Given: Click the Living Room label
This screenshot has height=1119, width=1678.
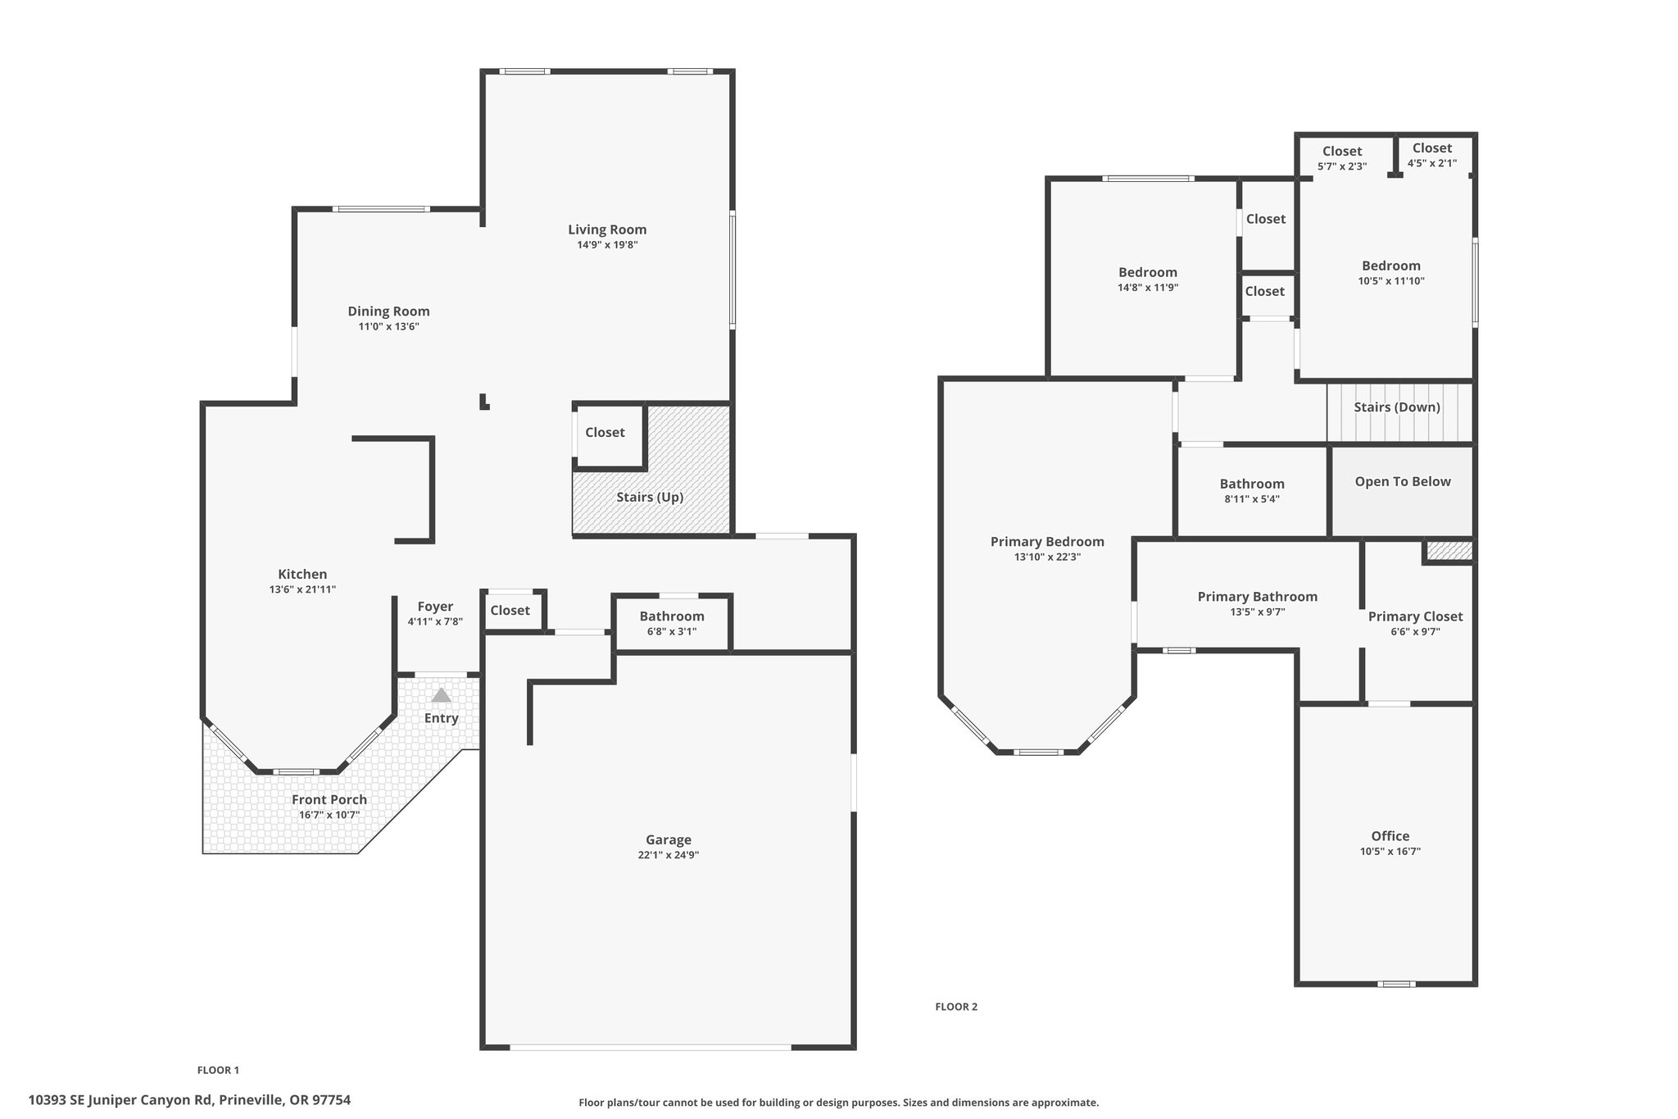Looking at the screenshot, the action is coord(607,230).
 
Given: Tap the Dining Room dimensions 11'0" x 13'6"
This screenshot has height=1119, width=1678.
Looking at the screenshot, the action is coord(389,326).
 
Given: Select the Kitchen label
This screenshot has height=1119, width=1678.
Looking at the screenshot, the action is coord(302,575).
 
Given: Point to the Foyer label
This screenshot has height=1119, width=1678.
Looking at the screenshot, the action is coord(435,607).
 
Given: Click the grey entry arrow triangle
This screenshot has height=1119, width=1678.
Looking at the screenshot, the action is coord(442,695).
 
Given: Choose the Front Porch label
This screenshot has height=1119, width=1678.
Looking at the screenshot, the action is coord(330,800).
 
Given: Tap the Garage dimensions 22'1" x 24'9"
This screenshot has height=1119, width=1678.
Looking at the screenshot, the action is coord(669,855).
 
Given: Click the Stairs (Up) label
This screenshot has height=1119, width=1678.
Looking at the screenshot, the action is coord(650,498).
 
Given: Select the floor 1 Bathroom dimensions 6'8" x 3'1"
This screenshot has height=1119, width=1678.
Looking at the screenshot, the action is coord(672,631).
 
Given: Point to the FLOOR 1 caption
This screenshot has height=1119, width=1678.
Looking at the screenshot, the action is coord(218,1070).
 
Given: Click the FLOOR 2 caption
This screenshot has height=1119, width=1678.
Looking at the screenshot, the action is coord(956,1007).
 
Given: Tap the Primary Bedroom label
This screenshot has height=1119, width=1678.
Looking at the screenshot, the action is coord(1047,542).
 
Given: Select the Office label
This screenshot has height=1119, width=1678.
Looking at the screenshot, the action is coord(1390,836).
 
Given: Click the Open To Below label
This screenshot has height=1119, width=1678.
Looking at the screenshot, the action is coord(1403,482).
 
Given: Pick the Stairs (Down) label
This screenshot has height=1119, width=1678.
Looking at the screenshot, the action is coord(1397,407).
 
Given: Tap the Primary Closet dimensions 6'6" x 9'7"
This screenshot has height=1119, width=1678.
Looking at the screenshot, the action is coord(1415,631).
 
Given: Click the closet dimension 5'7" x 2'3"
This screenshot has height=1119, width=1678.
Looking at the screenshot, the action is coord(1342,166).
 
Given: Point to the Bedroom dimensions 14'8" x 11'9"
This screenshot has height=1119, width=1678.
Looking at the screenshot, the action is coord(1148,288).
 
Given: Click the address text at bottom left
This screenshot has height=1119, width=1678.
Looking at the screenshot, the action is coord(189,1100).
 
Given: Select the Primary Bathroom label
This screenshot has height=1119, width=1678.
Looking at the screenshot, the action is coord(1258,597).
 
